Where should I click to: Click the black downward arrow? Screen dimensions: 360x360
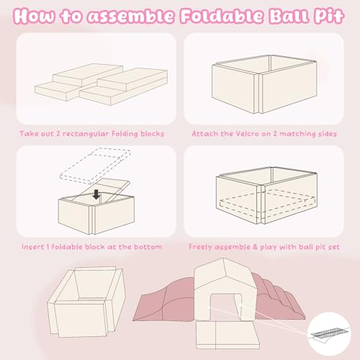96,194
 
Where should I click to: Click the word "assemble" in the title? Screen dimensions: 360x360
130,17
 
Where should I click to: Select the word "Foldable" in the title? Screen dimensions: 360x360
222,16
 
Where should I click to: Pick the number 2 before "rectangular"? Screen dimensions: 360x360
58,134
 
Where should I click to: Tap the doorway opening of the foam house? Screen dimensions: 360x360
224,307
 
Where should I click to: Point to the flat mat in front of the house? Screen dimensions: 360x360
228,335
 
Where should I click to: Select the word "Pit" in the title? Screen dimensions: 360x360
330,17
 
